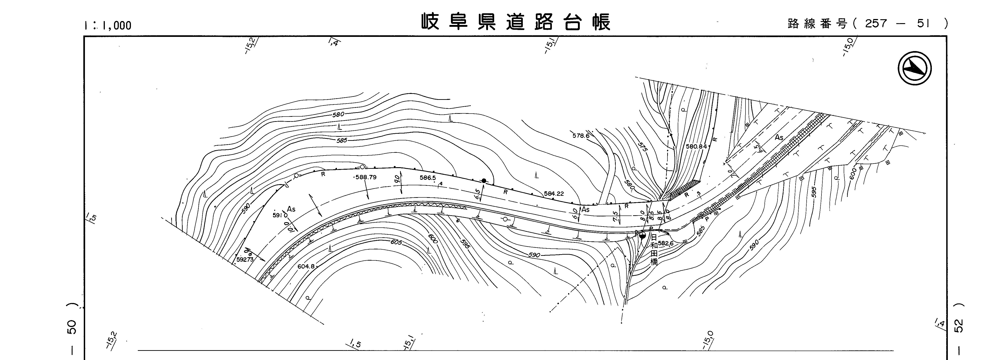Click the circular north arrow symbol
coord(914,69)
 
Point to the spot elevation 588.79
coord(366,177)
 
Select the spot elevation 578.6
coord(581,136)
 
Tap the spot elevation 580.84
coord(696,146)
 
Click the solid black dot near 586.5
coord(484,181)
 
